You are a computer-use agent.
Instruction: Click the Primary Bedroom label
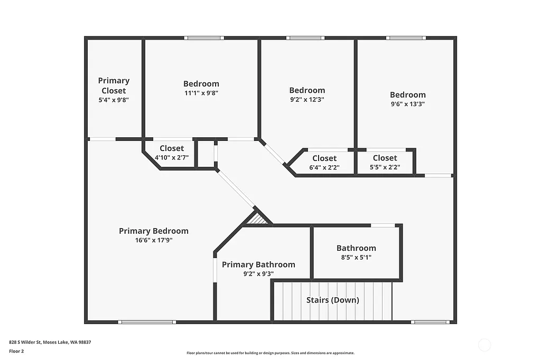pos(153,231)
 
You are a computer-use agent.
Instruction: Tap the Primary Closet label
pos(114,86)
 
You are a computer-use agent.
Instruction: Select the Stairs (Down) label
pos(333,300)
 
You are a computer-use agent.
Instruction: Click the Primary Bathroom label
pos(258,264)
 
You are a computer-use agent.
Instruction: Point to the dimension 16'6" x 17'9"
pos(153,240)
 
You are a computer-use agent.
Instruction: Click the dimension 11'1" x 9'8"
pos(201,93)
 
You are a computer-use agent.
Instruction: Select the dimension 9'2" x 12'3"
pos(307,99)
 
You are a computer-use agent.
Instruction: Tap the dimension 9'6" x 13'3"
pos(408,104)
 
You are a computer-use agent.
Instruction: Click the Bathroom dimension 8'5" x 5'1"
pos(356,258)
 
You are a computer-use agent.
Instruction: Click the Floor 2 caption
pos(16,350)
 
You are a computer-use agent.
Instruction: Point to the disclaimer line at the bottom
pos(270,353)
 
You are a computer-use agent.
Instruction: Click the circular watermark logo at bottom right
pos(484,346)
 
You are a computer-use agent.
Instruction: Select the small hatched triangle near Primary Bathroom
pos(259,219)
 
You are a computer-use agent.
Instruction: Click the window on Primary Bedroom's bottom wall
pos(146,321)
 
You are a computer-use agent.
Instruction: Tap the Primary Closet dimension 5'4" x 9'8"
pos(114,100)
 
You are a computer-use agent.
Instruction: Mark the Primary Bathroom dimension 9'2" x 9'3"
pos(258,274)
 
